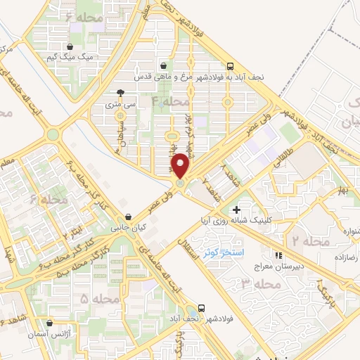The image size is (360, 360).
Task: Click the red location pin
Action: tap(181, 166)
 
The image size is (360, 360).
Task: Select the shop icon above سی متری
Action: tap(120, 92)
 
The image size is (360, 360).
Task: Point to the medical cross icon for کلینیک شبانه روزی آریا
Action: tap(236, 209)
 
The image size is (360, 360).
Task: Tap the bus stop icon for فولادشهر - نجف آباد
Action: tap(202, 307)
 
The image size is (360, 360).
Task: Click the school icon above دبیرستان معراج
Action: tap(279, 255)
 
